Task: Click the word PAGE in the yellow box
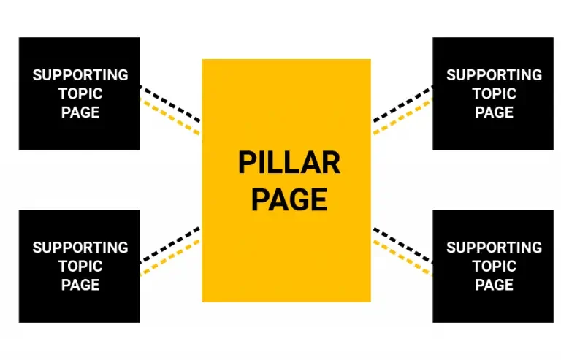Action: point(289,199)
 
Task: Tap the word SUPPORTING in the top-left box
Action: point(80,75)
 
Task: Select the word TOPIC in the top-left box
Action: point(80,93)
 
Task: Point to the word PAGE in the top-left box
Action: point(80,112)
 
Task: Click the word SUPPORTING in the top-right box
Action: point(494,75)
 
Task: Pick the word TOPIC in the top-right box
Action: point(494,93)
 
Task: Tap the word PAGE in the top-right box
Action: point(494,112)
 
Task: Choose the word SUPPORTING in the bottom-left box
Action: point(80,248)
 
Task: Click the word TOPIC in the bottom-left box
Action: point(80,266)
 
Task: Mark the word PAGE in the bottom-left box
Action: point(80,285)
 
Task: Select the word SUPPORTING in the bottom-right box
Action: point(494,248)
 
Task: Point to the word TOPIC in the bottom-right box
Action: point(494,266)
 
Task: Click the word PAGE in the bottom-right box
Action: point(494,285)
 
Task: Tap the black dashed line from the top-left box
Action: point(170,103)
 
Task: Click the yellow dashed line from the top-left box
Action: point(170,118)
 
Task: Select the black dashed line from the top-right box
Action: point(402,103)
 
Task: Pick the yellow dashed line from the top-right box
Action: point(402,118)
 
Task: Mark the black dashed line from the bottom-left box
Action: point(170,246)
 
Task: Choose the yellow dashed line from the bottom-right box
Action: point(402,258)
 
